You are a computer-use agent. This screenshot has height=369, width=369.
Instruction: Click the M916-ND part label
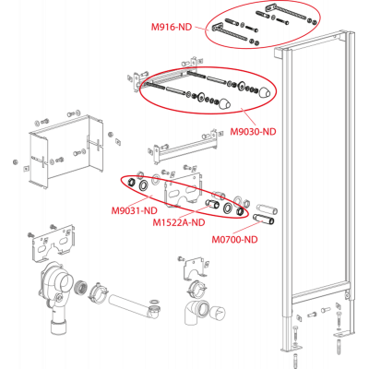pyautogui.click(x=172, y=27)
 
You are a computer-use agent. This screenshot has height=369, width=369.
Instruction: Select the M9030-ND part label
pyautogui.click(x=254, y=132)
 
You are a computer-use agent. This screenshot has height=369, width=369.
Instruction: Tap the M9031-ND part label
pyautogui.click(x=135, y=211)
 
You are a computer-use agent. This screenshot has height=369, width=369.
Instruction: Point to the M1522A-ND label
pyautogui.click(x=179, y=222)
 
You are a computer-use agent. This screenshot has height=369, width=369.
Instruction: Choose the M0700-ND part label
pyautogui.click(x=234, y=239)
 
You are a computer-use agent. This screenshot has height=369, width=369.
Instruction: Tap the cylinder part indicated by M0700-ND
pyautogui.click(x=264, y=219)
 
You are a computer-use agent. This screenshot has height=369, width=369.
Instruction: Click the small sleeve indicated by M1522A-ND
pyautogui.click(x=212, y=204)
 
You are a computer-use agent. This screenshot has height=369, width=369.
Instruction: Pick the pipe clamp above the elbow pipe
pyautogui.click(x=197, y=288)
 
